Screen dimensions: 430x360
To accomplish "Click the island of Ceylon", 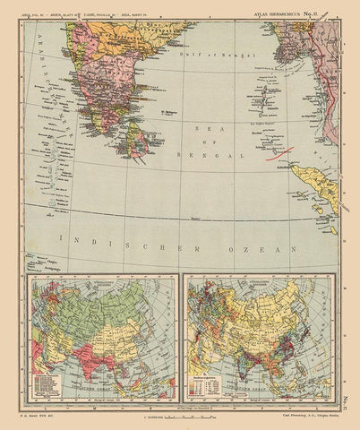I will coord(137,140).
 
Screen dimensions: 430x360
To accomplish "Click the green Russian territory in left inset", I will coord(99,305).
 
